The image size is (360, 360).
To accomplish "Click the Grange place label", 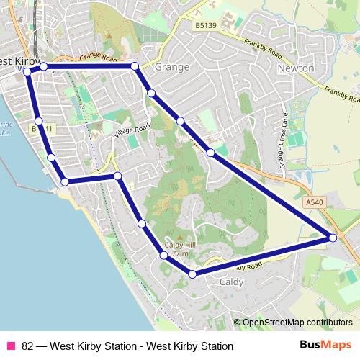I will [171, 67].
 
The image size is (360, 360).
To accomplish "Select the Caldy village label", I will [231, 282].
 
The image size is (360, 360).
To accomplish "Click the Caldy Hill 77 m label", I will [176, 249].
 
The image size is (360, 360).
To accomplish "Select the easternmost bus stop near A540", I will [333, 237].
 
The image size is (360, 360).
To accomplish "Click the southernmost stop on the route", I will [192, 274].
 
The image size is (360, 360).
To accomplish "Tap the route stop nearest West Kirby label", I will [27, 71].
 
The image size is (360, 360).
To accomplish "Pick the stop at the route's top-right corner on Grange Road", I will [135, 66].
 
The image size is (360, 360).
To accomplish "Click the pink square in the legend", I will [10, 346].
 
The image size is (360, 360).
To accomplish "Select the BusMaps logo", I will [325, 346].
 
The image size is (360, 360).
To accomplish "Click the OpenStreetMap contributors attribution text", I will [297, 323].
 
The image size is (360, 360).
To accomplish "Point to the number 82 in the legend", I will [28, 346].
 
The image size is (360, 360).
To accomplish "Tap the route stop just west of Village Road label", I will [117, 176].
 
